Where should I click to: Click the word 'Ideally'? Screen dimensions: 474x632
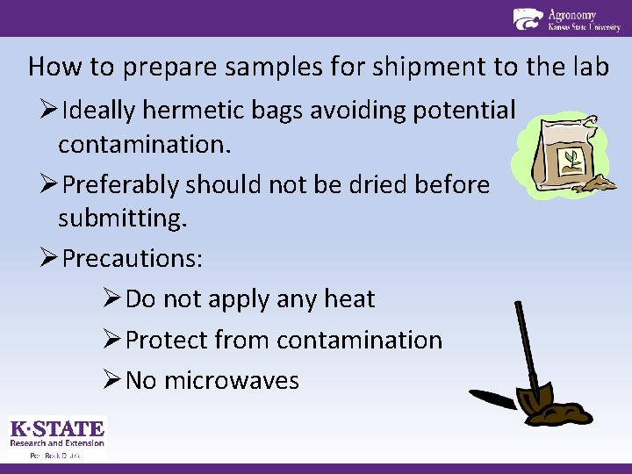104,111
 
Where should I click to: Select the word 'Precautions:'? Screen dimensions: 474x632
133,258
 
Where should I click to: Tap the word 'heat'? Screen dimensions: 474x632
348,298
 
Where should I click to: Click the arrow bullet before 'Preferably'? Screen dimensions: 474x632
48,184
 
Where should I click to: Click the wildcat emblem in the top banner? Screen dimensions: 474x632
528,18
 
